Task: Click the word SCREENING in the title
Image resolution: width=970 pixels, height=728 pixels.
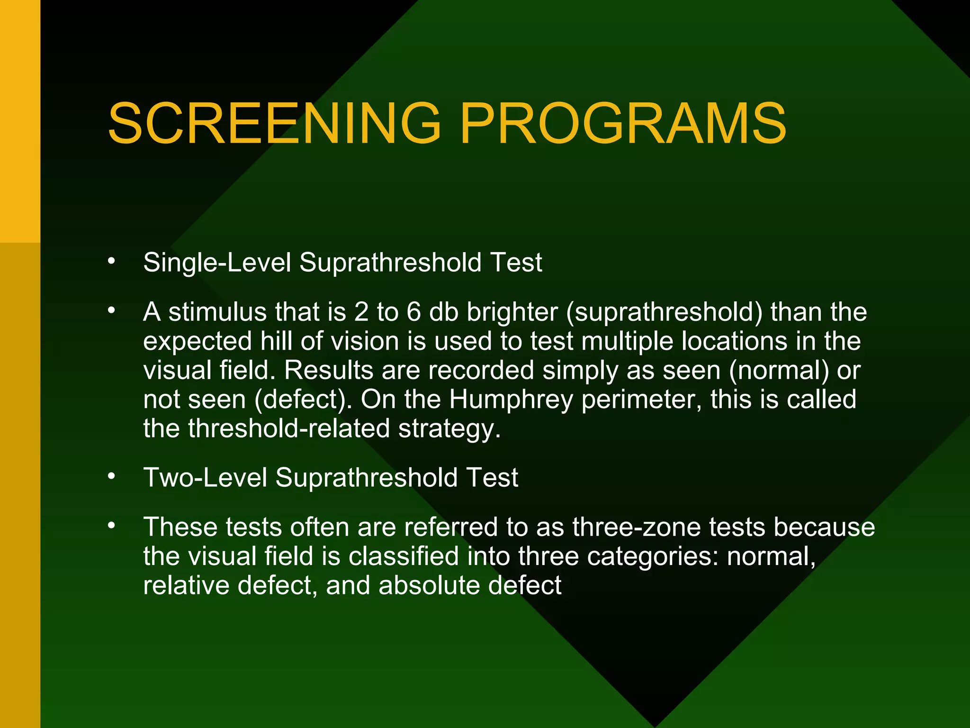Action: (274, 124)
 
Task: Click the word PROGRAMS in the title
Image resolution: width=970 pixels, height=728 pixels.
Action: (623, 124)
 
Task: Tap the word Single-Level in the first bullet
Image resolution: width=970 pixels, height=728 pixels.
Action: (217, 263)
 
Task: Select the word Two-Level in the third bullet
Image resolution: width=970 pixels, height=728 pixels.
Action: (205, 478)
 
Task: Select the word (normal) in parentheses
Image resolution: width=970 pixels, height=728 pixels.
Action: (779, 371)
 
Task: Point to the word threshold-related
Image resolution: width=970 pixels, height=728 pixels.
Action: (289, 429)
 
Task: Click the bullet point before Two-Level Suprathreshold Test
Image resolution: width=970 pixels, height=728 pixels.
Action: (111, 476)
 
